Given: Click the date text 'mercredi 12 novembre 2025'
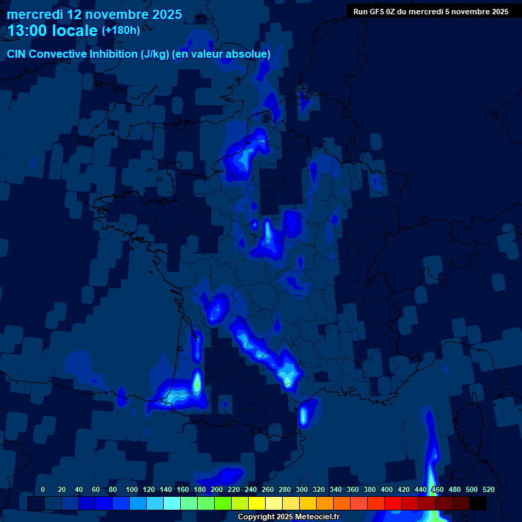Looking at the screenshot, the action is click(94, 14).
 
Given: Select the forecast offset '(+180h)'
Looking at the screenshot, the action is click(120, 30).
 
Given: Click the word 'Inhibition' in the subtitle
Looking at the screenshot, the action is click(113, 54).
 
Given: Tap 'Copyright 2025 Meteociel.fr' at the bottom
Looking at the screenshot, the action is click(288, 517).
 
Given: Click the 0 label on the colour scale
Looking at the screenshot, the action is click(43, 489).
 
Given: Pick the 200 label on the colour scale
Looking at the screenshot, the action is click(217, 489).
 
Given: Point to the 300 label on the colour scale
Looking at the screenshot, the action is click(302, 489).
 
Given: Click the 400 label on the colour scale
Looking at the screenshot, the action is click(387, 489).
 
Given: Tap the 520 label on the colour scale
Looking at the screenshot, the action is click(488, 489).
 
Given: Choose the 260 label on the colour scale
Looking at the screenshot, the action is click(268, 489).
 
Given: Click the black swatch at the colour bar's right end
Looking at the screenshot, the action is click(478, 503).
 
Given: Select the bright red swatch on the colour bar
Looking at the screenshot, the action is click(393, 503).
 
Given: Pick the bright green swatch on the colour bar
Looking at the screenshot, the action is click(223, 503).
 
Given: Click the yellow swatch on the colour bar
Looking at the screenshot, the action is click(257, 503).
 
